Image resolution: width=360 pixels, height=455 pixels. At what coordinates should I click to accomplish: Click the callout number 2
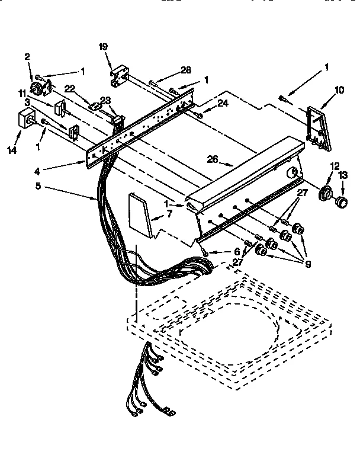27,57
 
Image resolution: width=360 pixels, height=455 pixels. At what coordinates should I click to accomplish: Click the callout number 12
335,166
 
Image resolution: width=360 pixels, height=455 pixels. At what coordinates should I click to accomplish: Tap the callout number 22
70,88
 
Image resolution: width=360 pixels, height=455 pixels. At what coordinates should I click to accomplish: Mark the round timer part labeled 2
38,88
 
